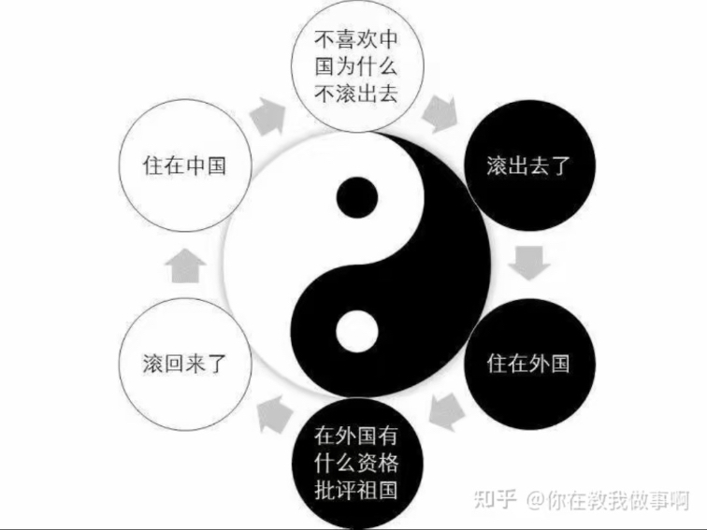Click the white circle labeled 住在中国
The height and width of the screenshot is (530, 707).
185,165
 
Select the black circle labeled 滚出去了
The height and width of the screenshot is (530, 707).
530,165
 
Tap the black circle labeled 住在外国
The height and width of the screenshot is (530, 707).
530,364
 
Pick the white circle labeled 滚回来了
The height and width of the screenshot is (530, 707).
185,365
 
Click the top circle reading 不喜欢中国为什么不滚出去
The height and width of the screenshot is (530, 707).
357,65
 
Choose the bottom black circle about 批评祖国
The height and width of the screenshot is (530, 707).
357,464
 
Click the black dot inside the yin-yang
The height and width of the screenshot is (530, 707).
357,197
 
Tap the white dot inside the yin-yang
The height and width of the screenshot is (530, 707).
357,332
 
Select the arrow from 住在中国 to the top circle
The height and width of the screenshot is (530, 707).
268,116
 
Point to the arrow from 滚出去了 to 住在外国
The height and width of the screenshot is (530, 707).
529,264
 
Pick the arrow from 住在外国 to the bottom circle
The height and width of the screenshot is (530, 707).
446,411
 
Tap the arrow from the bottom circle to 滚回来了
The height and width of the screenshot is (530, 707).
275,414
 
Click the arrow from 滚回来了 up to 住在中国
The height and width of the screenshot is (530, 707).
185,265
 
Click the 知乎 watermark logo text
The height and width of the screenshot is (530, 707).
495,499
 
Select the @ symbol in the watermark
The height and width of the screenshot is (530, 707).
535,500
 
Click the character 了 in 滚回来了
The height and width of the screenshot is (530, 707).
216,365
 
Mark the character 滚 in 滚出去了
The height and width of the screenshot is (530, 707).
497,165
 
